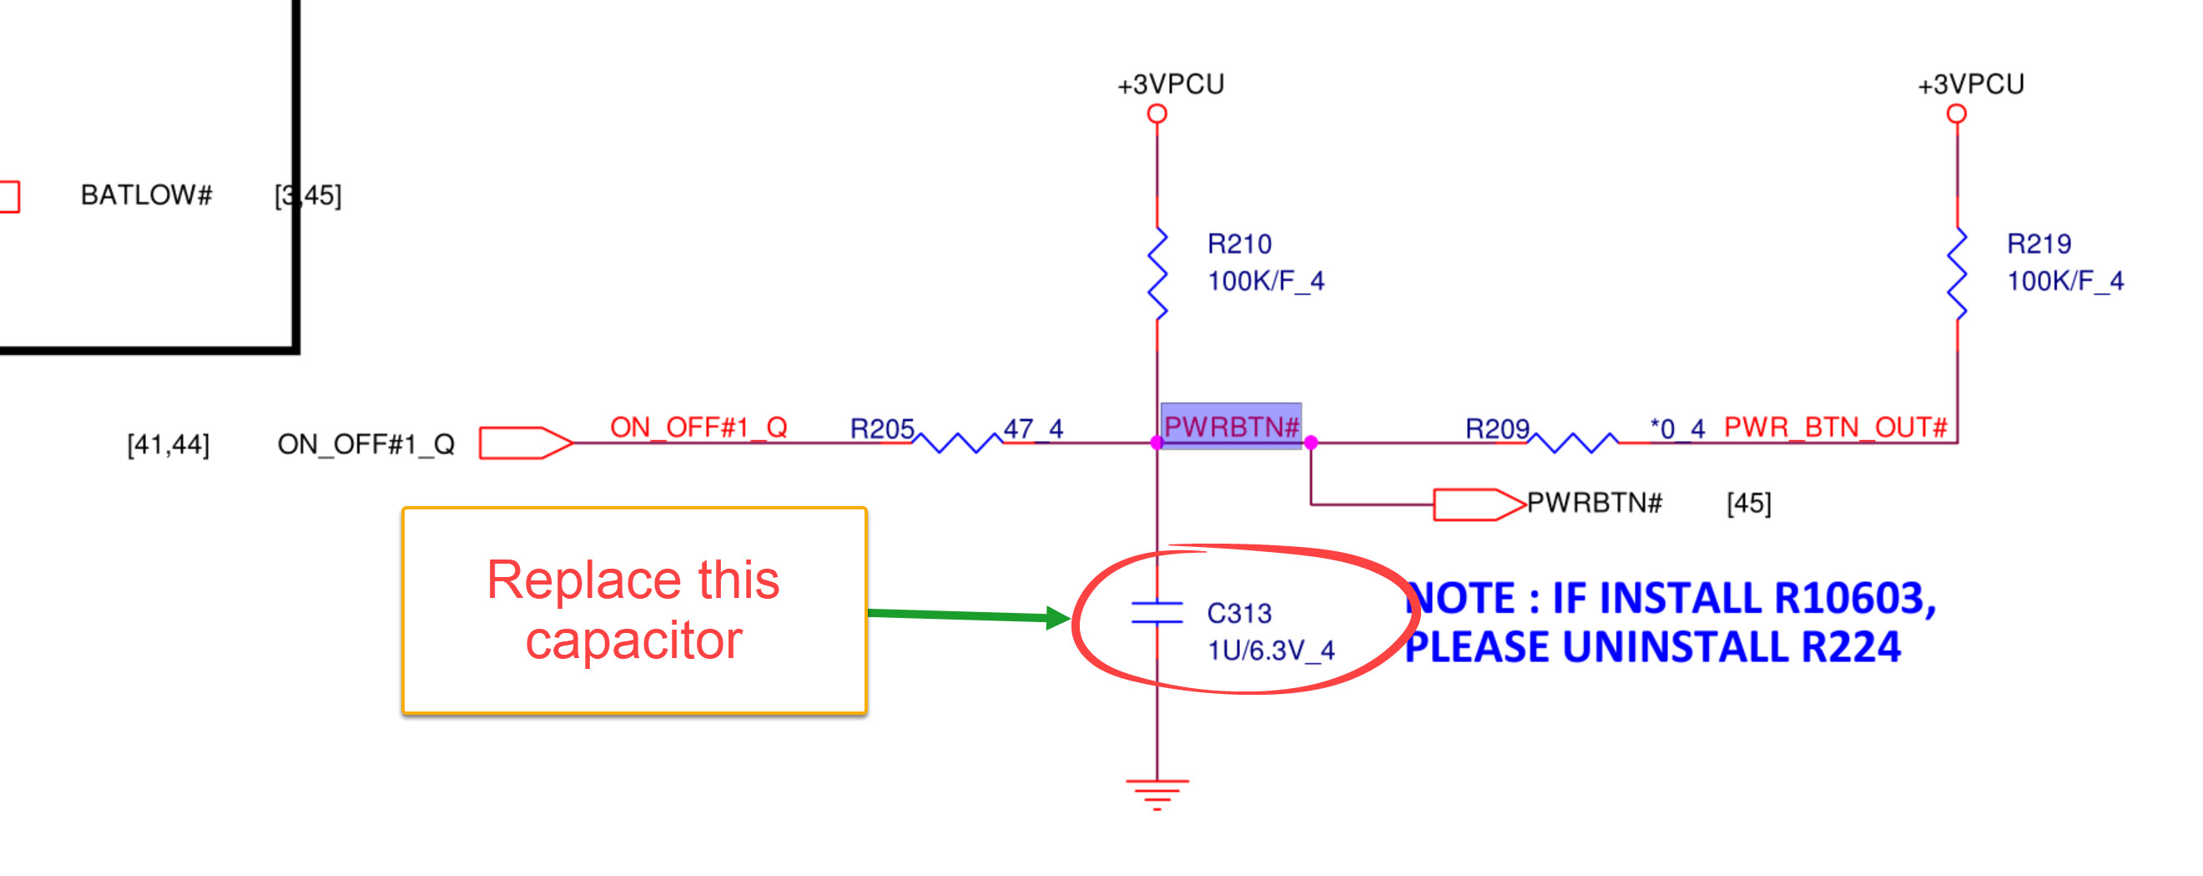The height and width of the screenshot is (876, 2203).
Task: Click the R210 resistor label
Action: tap(1238, 245)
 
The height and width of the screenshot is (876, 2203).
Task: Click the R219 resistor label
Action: tap(2038, 245)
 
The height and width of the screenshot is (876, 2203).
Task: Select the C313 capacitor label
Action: tap(1238, 614)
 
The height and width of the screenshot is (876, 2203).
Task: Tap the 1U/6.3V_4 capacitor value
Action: tap(1270, 651)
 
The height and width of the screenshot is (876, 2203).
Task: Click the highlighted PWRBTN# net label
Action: tap(1231, 426)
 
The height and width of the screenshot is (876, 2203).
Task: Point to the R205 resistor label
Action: tap(882, 428)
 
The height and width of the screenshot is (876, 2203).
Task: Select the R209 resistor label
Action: tap(1496, 428)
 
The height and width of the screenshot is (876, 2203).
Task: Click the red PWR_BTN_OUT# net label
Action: tap(1835, 427)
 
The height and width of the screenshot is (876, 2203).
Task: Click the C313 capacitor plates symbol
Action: tap(1157, 612)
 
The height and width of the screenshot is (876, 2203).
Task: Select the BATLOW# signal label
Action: tap(146, 195)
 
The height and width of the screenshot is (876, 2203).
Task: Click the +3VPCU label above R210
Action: tap(1171, 84)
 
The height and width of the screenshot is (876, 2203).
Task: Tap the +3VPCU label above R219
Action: tap(1970, 84)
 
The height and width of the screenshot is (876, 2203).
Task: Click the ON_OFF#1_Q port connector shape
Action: tap(523, 443)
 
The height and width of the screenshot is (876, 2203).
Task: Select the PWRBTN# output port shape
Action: tap(1478, 504)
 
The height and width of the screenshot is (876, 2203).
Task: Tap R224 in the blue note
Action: tap(1851, 646)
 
